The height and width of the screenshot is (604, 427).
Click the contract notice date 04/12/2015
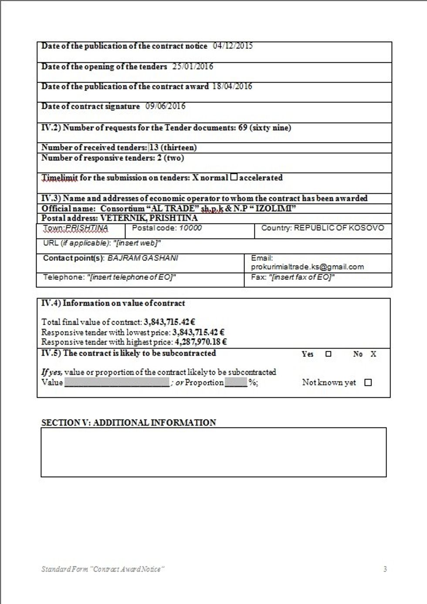click(233, 46)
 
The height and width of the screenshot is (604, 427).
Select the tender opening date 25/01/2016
click(193, 66)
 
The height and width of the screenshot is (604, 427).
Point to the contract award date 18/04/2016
click(232, 86)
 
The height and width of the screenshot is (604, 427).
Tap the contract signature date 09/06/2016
click(165, 106)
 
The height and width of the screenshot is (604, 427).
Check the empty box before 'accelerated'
click(234, 177)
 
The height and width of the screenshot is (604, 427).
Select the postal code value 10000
click(190, 228)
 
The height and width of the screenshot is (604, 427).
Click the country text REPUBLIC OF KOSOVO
click(339, 228)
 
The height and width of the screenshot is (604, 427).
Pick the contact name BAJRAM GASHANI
click(142, 258)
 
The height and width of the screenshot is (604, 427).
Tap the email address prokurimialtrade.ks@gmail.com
click(307, 267)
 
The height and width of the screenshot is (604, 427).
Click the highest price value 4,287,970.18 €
click(201, 342)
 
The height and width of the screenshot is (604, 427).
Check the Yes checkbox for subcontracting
click(329, 354)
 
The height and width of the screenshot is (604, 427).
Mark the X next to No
click(373, 354)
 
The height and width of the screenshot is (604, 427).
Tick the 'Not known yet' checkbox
click(368, 383)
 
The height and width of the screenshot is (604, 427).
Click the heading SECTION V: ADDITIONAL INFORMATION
click(129, 422)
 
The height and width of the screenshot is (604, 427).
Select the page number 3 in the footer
click(385, 569)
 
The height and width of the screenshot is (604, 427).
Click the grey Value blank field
click(116, 383)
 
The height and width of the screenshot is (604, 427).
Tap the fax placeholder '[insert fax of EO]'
click(302, 277)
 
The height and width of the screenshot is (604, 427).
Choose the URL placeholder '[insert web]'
click(137, 243)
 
